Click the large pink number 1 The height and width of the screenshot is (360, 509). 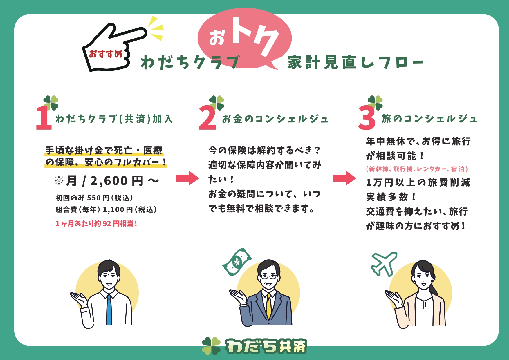coord(44,118)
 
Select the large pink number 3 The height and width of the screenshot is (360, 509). coord(367,118)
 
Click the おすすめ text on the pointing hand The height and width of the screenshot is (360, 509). coord(106,54)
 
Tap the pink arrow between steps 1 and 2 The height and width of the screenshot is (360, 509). coord(187,178)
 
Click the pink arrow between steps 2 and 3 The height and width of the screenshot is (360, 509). coord(344,178)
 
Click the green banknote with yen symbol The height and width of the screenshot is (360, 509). coord(237,262)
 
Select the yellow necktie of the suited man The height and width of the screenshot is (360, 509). coord(269,306)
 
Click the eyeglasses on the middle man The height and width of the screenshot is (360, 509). coord(268,276)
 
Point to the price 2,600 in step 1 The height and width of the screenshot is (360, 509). coord(109,181)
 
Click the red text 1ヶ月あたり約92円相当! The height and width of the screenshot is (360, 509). coord(96,223)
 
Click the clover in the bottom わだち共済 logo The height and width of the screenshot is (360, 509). coord(211,346)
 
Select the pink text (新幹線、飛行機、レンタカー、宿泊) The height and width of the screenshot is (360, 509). coord(417,169)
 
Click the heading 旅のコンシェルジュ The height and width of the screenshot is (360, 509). coord(429,119)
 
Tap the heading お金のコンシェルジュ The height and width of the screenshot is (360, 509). coord(275,119)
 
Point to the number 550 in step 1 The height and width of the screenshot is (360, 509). coord(94,198)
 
